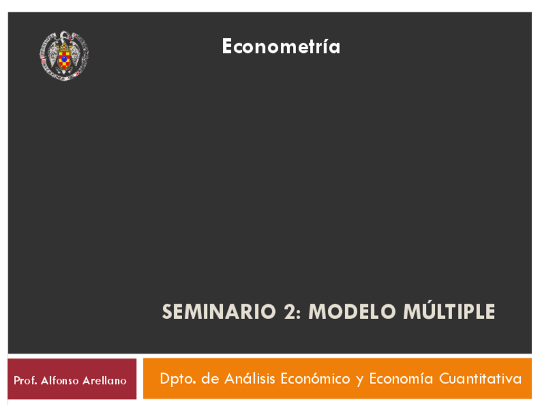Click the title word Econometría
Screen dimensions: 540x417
[281, 46]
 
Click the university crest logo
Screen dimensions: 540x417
[64, 56]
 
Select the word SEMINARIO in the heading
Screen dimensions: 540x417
[219, 311]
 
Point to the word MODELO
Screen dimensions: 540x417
[352, 311]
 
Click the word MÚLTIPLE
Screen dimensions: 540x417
[449, 310]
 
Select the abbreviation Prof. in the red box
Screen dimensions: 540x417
[25, 381]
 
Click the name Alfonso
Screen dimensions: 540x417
[60, 381]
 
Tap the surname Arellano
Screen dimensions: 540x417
[104, 381]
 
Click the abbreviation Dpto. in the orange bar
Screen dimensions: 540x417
[178, 379]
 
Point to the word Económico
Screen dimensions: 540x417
[315, 378]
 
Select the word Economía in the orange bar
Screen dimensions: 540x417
[401, 378]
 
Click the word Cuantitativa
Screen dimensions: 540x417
[480, 379]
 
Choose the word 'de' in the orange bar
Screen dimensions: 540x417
[210, 379]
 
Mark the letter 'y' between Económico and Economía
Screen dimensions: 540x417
[360, 381]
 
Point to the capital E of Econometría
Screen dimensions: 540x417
[227, 46]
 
